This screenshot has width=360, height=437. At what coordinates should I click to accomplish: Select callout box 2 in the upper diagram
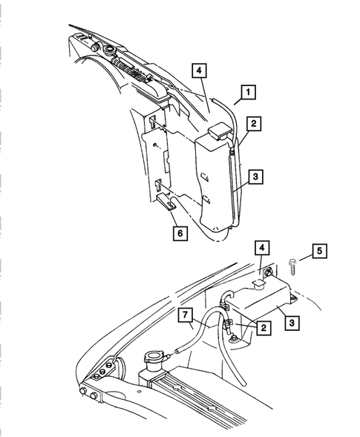click(x=253, y=124)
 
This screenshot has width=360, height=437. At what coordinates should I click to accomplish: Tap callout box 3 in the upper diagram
click(x=254, y=177)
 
